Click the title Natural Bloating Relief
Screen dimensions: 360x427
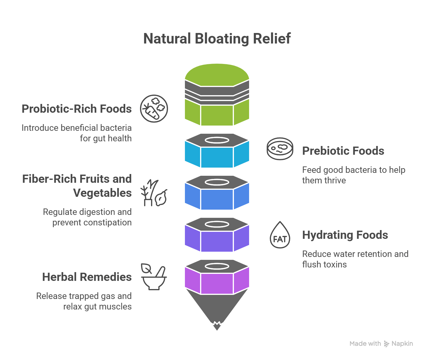(x=217, y=39)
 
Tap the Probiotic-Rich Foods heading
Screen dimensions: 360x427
(x=77, y=109)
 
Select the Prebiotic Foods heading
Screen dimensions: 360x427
(x=343, y=151)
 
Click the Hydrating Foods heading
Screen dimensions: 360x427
(x=345, y=235)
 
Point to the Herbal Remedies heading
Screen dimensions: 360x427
(x=87, y=277)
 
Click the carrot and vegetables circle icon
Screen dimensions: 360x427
(x=154, y=109)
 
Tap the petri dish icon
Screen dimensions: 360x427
(x=280, y=149)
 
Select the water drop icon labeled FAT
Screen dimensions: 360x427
(x=280, y=235)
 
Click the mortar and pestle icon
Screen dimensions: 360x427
(x=154, y=277)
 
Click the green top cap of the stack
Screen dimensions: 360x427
(x=217, y=74)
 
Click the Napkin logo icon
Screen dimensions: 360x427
(x=386, y=344)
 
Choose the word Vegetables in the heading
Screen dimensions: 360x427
(x=102, y=193)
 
